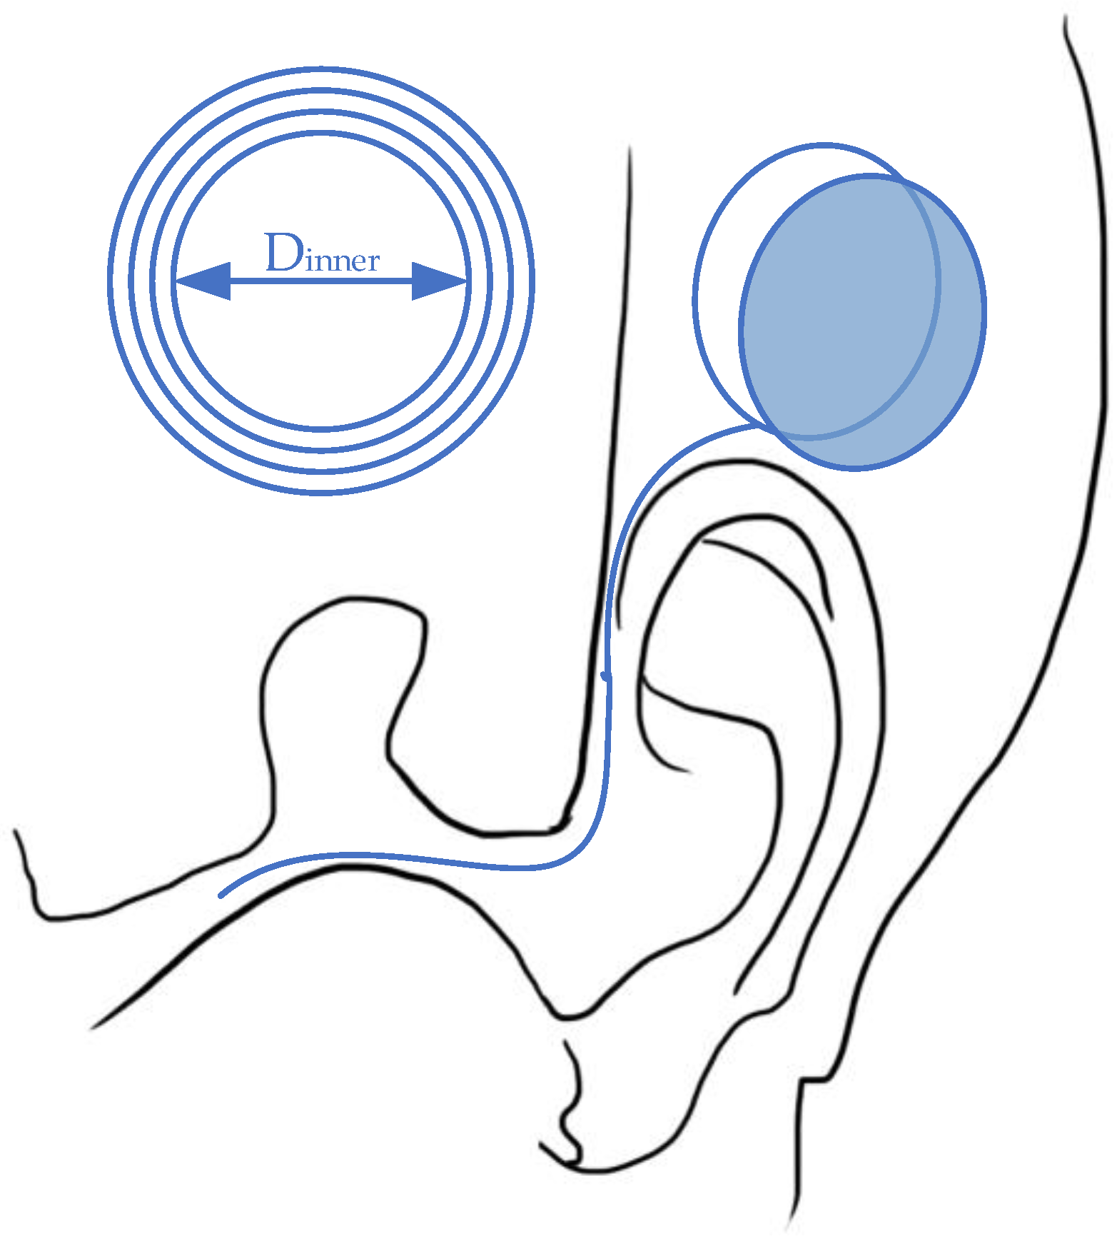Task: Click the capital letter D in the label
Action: pyautogui.click(x=283, y=252)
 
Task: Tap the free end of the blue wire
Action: pyautogui.click(x=222, y=895)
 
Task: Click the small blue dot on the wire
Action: pyautogui.click(x=605, y=675)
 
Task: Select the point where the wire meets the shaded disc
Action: pyautogui.click(x=758, y=426)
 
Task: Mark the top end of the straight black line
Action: pyautogui.click(x=630, y=148)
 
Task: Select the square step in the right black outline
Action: pyautogui.click(x=814, y=1080)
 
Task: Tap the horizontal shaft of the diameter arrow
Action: pyautogui.click(x=321, y=281)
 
